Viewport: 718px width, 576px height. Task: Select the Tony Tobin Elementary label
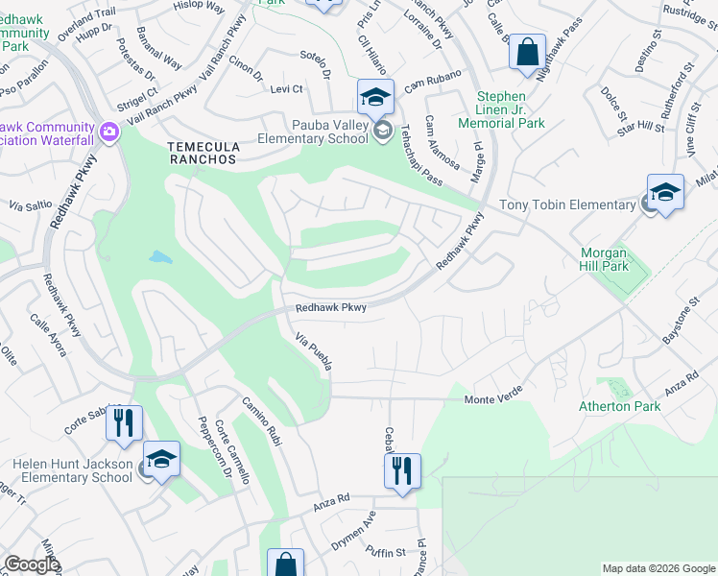pos(567,204)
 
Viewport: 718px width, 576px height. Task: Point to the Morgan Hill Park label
pos(604,259)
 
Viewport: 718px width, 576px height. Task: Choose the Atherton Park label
pos(619,406)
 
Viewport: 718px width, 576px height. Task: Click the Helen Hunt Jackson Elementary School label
pos(72,470)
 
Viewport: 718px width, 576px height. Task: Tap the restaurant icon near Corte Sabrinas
pos(124,423)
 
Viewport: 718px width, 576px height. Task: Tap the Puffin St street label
pos(386,552)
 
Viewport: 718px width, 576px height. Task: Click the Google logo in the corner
pos(32,564)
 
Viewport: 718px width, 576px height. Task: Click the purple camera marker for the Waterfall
pos(108,130)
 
